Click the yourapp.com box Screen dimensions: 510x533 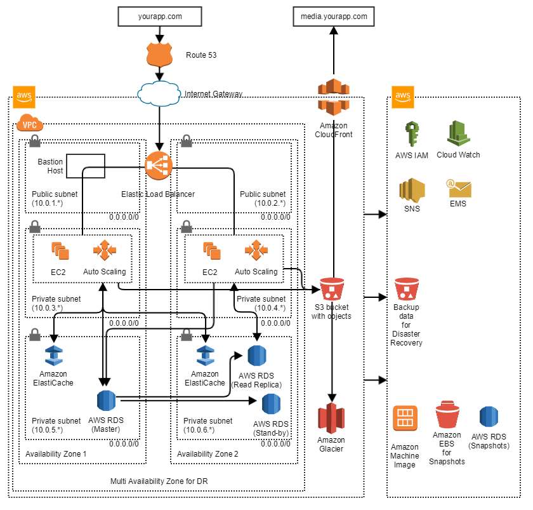click(x=160, y=17)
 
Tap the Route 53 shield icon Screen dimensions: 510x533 click(x=160, y=55)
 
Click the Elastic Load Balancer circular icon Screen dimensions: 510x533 click(x=158, y=166)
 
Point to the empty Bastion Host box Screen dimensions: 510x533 click(x=85, y=165)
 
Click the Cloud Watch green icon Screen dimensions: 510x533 click(x=458, y=133)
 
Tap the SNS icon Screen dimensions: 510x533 click(x=411, y=191)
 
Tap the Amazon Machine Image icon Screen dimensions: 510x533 click(x=405, y=419)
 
